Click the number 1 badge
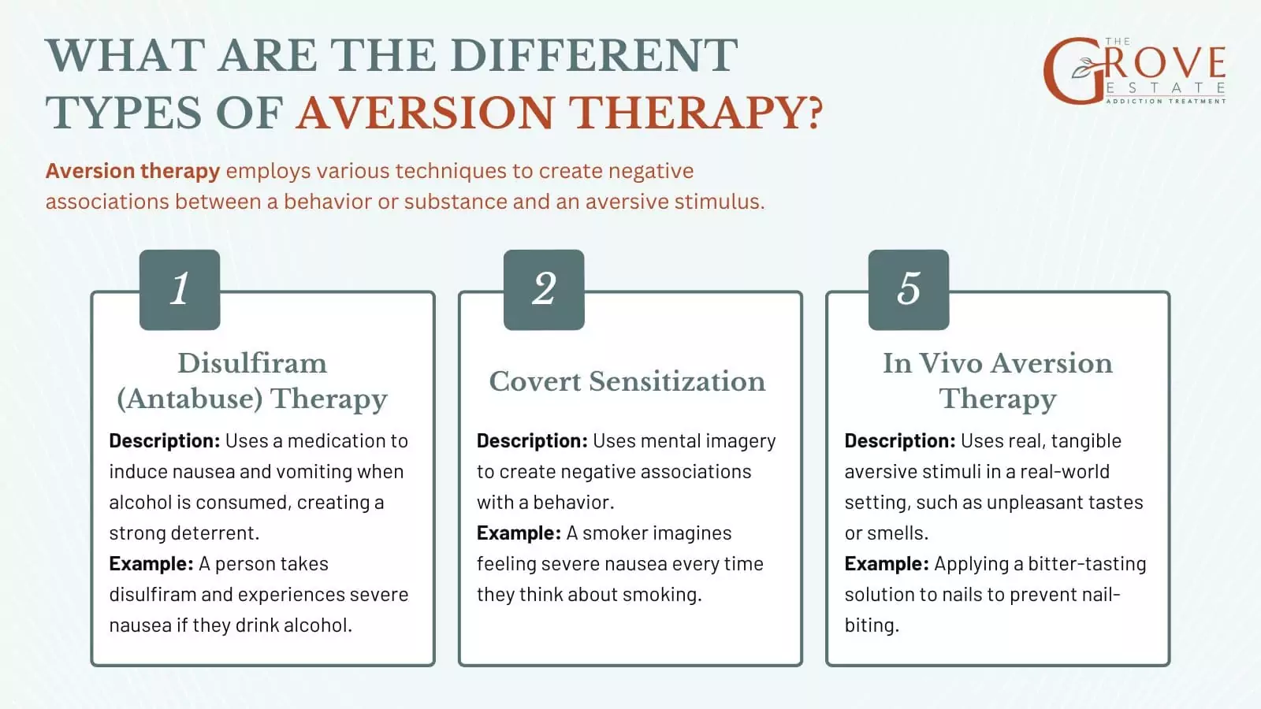coord(180,289)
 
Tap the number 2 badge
coord(544,289)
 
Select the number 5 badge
coord(908,289)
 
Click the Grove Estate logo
coord(1134,71)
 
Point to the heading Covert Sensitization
coord(627,381)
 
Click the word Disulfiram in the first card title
coord(251,363)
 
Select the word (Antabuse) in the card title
coord(189,399)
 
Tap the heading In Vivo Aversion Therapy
coord(997,380)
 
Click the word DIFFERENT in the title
coord(594,56)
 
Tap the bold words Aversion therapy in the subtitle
coord(132,171)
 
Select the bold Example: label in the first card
coord(151,564)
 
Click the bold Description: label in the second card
coord(531,441)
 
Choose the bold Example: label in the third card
coord(887,564)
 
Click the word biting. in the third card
coord(871,625)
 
